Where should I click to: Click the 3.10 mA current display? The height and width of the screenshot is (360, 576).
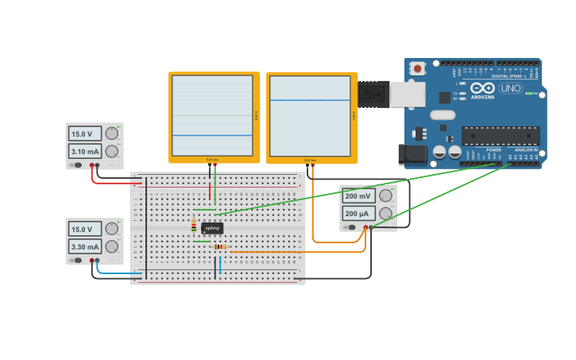click(x=84, y=151)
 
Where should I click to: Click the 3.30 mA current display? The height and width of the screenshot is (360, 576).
click(x=84, y=247)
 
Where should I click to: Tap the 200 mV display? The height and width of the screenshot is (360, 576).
click(x=358, y=196)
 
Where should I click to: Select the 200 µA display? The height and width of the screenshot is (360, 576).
click(x=358, y=214)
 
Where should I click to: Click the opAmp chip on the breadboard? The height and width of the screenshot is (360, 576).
click(x=212, y=228)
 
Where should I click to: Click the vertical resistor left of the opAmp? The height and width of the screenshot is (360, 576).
click(x=194, y=226)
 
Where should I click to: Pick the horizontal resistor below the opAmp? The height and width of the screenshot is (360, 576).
click(x=220, y=247)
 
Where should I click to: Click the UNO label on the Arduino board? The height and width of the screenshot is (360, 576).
click(x=510, y=88)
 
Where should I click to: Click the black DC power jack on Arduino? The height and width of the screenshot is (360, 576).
click(x=412, y=154)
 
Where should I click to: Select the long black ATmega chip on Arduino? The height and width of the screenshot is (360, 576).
click(x=501, y=136)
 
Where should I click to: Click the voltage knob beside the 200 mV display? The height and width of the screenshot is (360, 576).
click(x=385, y=195)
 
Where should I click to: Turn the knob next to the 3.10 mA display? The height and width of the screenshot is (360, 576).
click(x=112, y=151)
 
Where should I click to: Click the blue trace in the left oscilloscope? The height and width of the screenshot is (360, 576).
click(x=213, y=136)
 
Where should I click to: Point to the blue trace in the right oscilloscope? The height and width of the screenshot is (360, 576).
click(x=310, y=100)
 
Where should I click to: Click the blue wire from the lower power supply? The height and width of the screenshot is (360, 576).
click(x=119, y=274)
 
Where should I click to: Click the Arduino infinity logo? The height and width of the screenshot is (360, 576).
click(x=486, y=88)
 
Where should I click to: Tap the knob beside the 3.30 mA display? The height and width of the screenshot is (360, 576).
click(x=112, y=246)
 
